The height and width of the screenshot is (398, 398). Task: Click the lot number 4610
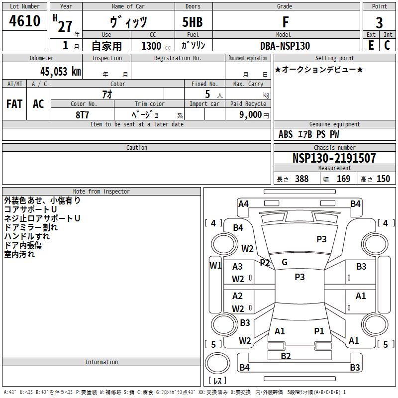click(25, 21)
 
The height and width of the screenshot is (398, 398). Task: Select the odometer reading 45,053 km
click(61, 72)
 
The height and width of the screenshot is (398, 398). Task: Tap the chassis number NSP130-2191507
click(334, 158)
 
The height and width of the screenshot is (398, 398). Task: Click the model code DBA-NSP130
click(285, 46)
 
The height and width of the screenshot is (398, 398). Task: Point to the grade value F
click(285, 22)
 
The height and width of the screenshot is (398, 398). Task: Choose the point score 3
click(379, 22)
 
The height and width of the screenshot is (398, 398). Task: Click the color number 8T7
click(82, 114)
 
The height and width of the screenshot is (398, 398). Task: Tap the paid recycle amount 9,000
click(247, 115)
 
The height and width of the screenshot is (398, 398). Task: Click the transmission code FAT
click(14, 103)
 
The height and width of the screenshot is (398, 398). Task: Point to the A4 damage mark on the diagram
click(243, 203)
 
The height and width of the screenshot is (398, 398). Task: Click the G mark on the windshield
click(285, 262)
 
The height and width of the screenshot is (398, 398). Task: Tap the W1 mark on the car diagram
click(215, 265)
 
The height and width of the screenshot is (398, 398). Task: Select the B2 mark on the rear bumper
click(286, 356)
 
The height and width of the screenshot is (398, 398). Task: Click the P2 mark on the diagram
click(265, 263)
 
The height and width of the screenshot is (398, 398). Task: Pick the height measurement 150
click(383, 179)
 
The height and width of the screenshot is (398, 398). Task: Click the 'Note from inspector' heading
click(101, 191)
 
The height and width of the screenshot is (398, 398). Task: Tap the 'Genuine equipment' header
click(334, 124)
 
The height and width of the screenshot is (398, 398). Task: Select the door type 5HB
click(193, 22)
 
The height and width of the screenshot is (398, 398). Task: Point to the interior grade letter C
click(387, 45)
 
